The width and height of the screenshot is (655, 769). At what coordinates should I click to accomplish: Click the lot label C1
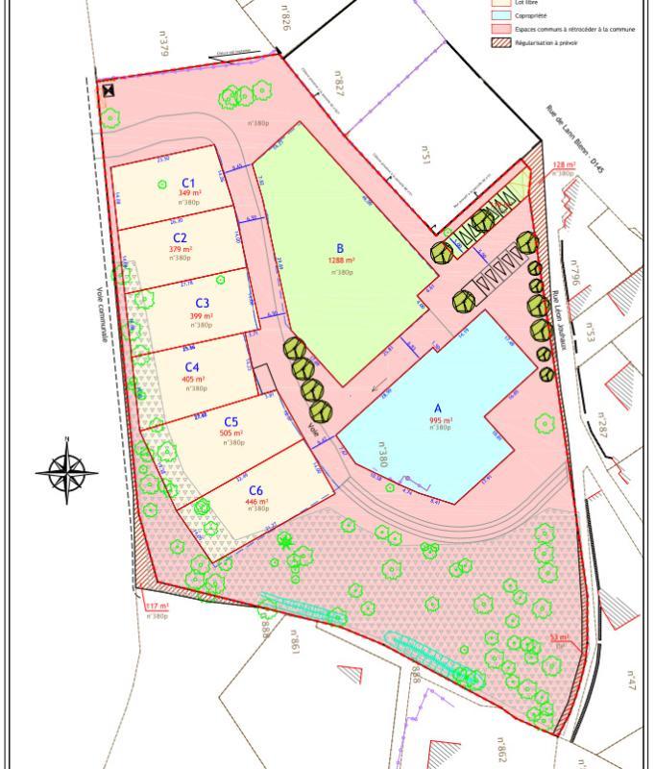[188, 183]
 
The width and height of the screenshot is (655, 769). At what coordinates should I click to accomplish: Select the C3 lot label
[202, 304]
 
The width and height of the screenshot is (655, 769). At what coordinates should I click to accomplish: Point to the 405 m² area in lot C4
[194, 380]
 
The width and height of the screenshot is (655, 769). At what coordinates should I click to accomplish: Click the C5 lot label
[231, 422]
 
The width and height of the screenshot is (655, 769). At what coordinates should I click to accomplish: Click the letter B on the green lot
[340, 247]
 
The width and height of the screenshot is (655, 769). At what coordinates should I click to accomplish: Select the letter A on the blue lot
[438, 409]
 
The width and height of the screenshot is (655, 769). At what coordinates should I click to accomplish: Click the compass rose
[67, 472]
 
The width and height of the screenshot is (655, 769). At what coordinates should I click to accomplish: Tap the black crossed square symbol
[109, 91]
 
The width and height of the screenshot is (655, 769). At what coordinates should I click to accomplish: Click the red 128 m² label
[564, 165]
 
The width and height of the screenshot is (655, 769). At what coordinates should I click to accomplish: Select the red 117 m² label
[158, 607]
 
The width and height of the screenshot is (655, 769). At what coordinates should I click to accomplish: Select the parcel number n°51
[425, 155]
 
